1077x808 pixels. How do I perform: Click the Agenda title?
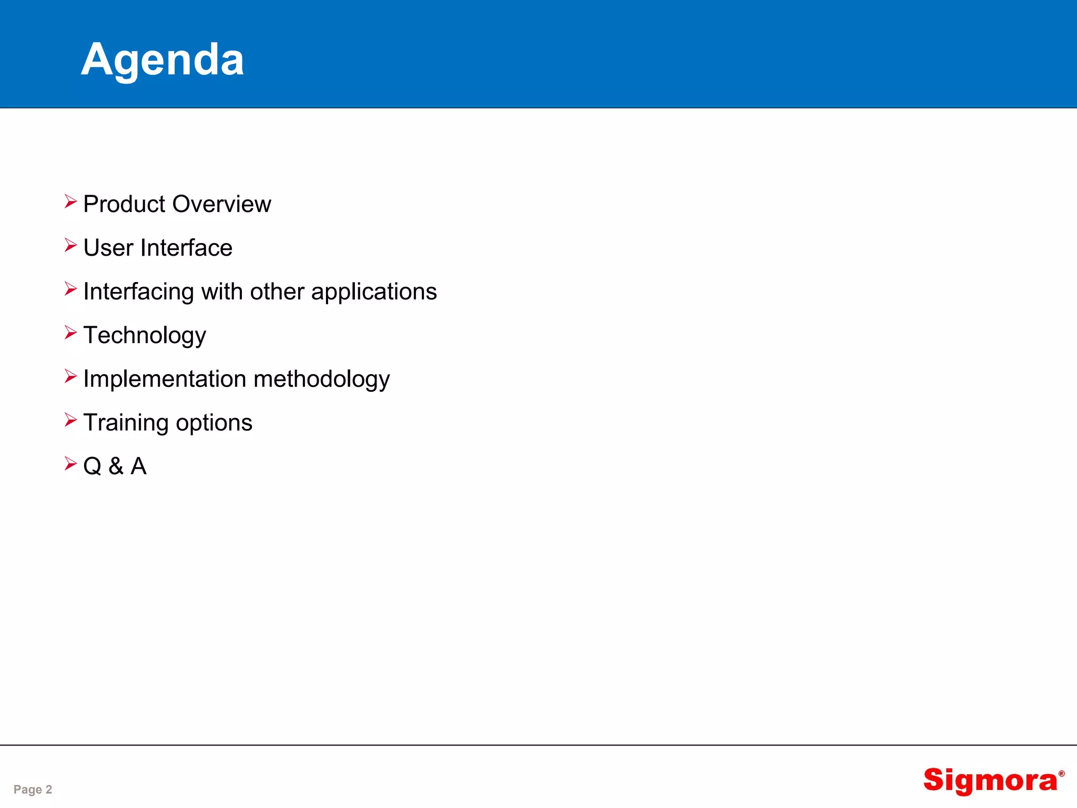162,59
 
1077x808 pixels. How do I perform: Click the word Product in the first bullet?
124,204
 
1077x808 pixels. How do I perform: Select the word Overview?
222,204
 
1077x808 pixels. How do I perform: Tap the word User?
108,248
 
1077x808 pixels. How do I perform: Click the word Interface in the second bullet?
186,248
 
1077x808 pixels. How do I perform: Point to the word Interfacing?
138,292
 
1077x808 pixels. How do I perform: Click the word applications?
373,292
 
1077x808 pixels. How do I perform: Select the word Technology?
145,336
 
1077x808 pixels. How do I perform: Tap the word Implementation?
164,379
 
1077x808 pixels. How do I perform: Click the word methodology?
321,379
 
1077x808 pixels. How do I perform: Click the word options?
214,423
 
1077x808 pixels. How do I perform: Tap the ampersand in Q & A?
116,466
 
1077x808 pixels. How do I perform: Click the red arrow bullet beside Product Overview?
70,201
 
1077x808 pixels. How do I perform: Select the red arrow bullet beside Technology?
70,332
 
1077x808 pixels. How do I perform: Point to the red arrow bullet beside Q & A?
70,463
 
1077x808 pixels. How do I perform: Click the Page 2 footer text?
33,789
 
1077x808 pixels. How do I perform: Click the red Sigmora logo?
990,781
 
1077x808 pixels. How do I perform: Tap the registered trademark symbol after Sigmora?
1061,774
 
